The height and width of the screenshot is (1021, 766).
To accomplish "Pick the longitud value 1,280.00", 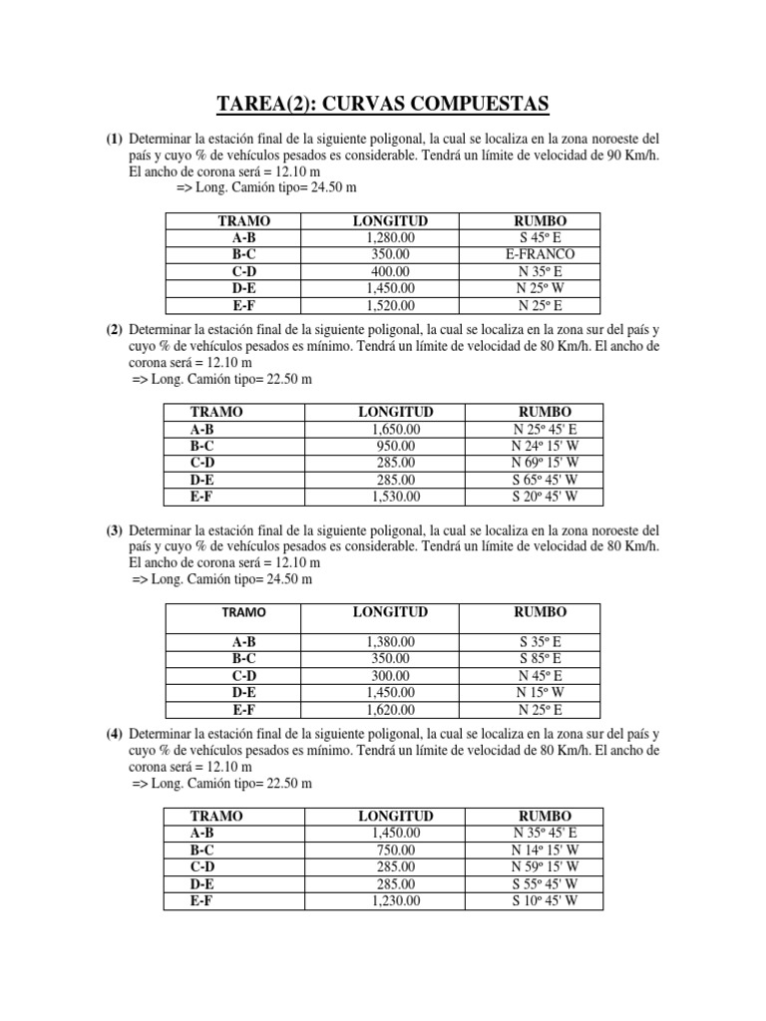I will click(390, 238).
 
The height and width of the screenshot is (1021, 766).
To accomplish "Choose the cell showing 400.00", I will click(390, 271).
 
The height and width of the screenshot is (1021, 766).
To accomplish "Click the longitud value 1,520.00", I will click(390, 305).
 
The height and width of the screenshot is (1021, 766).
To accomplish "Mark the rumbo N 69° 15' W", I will click(545, 463).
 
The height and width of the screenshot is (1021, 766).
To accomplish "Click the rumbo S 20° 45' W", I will click(545, 496).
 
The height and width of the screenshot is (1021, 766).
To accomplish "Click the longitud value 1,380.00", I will click(390, 643).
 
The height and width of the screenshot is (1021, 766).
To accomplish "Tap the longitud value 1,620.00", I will click(390, 710).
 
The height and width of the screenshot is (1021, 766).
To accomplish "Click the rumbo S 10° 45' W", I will click(545, 900).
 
